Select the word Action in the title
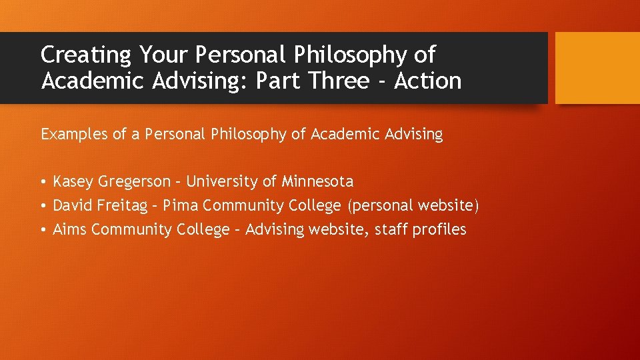(x=427, y=81)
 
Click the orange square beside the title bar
(x=597, y=67)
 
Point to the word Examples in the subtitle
(x=75, y=135)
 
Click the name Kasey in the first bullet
(x=73, y=181)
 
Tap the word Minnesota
(x=317, y=181)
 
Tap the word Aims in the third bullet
(x=70, y=229)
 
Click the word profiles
(x=439, y=229)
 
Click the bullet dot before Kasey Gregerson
(x=43, y=182)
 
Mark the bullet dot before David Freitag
(x=43, y=206)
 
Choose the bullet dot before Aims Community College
(x=43, y=230)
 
